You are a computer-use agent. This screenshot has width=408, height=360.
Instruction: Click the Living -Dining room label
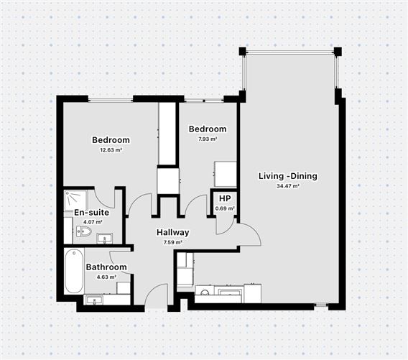click(288, 176)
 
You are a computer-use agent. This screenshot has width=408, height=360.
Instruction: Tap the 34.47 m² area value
click(288, 186)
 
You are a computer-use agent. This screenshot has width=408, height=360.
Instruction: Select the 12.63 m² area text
click(111, 150)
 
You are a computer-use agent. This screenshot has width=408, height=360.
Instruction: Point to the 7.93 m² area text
click(208, 139)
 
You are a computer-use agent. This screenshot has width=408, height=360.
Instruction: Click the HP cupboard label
click(225, 198)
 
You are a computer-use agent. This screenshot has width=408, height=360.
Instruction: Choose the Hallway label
click(173, 232)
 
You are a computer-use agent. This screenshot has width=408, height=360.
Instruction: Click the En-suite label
click(92, 213)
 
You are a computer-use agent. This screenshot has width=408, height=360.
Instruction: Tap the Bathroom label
click(106, 267)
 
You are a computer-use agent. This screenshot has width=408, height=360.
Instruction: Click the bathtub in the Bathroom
click(74, 271)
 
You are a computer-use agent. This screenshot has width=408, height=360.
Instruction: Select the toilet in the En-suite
click(84, 231)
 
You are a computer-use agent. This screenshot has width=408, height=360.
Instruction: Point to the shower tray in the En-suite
click(75, 201)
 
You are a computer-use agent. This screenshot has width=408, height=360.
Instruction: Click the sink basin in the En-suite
click(105, 239)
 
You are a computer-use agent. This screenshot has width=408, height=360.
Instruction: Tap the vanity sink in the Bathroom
click(93, 300)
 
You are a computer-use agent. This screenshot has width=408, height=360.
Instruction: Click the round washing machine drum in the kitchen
click(205, 292)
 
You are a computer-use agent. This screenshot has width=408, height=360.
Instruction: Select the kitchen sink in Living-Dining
click(230, 292)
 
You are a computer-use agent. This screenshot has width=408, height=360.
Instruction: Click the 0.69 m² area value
click(225, 208)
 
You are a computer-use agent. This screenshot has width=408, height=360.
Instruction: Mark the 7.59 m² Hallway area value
click(173, 243)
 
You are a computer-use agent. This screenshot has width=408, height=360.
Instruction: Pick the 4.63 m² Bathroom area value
click(106, 277)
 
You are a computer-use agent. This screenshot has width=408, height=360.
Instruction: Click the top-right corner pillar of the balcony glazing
click(338, 51)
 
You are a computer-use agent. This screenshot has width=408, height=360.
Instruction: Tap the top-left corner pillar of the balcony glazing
click(243, 51)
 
